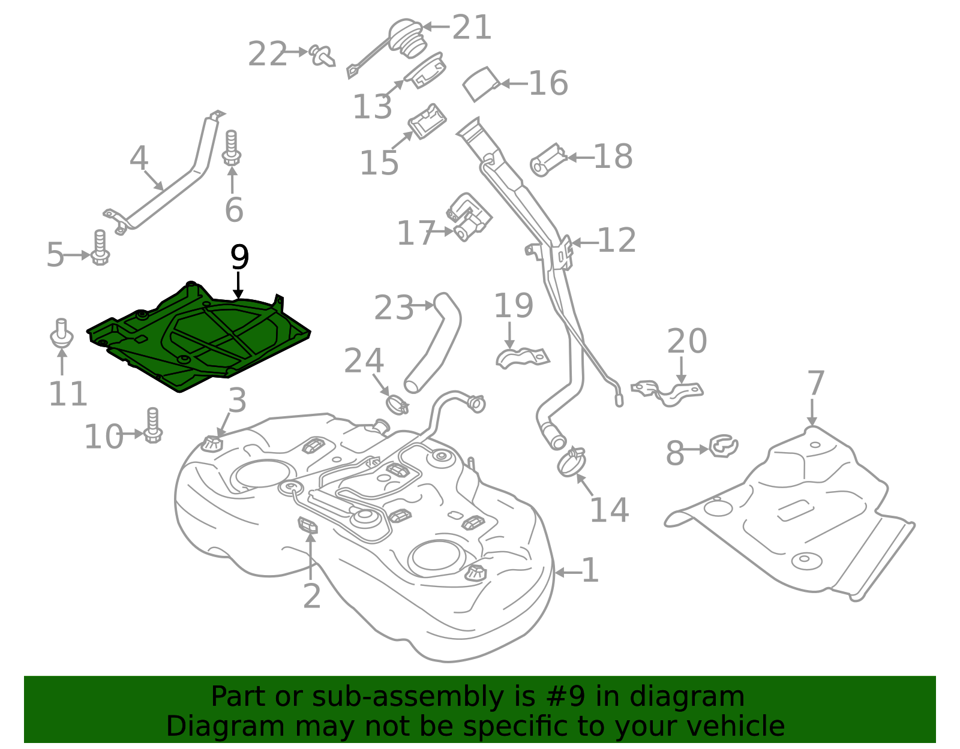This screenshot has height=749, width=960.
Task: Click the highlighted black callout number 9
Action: [239, 258]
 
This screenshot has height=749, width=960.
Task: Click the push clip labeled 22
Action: [322, 56]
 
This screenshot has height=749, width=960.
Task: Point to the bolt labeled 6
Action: [232, 148]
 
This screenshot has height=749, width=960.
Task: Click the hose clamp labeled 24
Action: [397, 404]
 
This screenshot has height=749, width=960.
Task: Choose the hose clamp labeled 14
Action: [571, 462]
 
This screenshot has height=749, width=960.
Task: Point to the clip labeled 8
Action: [723, 447]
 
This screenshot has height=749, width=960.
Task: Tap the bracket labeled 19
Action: [522, 357]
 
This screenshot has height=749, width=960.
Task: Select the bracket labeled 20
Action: [669, 392]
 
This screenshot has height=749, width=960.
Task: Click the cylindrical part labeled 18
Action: [548, 160]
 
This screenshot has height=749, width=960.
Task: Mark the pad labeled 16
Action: [481, 83]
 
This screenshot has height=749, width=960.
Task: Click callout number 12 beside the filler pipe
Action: [616, 240]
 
